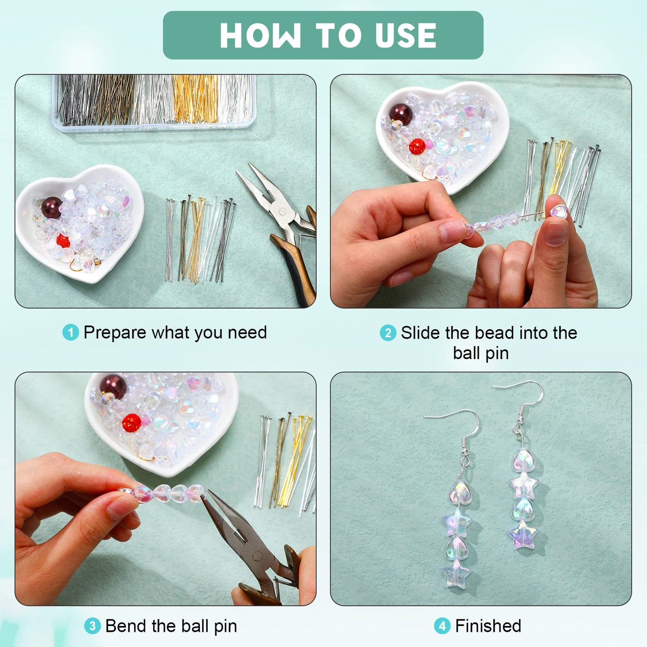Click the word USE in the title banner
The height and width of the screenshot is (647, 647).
(x=406, y=35)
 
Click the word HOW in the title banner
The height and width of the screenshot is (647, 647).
(x=260, y=35)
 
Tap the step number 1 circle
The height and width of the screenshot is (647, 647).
(x=70, y=333)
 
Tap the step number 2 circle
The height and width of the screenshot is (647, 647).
(x=388, y=333)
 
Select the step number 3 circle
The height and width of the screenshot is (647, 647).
(x=92, y=626)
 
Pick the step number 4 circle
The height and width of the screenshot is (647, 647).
(x=442, y=626)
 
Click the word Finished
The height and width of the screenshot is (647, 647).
(x=488, y=626)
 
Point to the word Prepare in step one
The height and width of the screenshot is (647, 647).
(x=115, y=333)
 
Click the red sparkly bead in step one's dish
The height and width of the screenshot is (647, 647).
(x=63, y=241)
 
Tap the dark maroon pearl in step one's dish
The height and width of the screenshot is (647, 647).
(x=51, y=208)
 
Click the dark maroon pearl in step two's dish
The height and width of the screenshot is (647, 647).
(x=401, y=115)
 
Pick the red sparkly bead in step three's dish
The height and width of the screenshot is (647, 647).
(x=132, y=423)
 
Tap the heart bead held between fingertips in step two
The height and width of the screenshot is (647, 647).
(x=558, y=211)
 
